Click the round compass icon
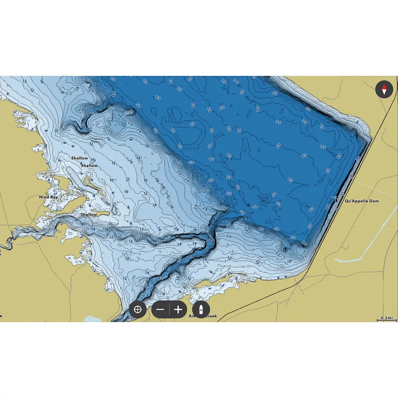(384, 89)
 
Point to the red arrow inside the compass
(384, 87)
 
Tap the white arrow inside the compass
(384, 93)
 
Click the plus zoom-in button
(178, 310)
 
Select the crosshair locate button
(137, 310)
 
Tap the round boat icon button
(201, 310)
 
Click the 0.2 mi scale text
(386, 318)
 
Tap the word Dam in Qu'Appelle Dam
(374, 201)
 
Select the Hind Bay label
(49, 197)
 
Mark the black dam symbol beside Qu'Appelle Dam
(338, 198)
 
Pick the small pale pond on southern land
(91, 318)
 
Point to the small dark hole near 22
(285, 249)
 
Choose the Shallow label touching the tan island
(89, 166)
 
